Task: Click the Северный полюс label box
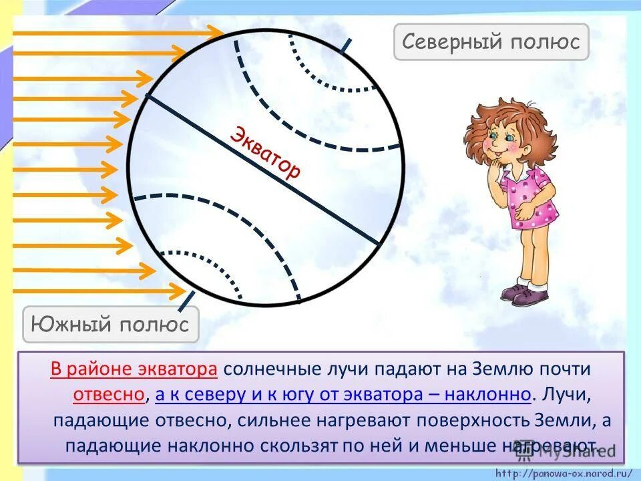491,42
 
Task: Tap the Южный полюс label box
111,325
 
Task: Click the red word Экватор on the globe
265,152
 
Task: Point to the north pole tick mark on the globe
345,44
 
